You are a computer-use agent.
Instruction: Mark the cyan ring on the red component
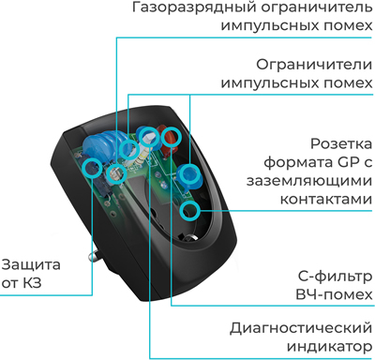point(170,138)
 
